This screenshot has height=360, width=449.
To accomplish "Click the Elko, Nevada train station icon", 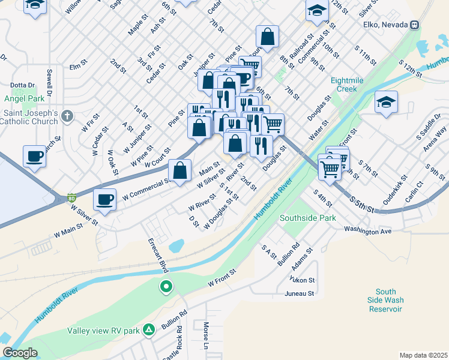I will (x=414, y=25).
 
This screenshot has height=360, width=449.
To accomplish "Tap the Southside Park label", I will (x=308, y=218).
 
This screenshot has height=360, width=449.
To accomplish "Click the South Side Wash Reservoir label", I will (x=385, y=300).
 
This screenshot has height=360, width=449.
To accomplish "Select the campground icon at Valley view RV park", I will (x=149, y=329).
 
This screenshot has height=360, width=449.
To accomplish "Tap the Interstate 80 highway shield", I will (x=71, y=197).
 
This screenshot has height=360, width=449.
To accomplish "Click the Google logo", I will (x=20, y=353).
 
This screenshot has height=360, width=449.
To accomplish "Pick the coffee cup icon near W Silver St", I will (x=104, y=199).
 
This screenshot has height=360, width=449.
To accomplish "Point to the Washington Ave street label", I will (x=367, y=230).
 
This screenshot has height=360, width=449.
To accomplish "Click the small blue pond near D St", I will (x=176, y=245).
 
